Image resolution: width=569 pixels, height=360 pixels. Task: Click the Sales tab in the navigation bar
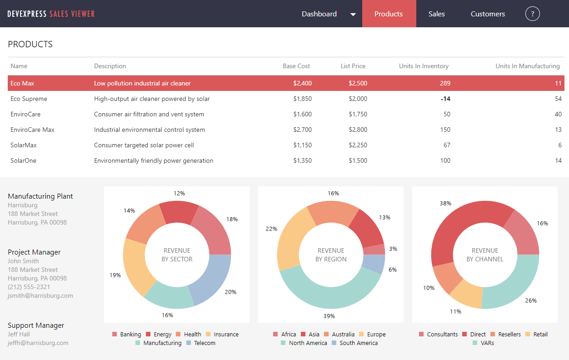436,14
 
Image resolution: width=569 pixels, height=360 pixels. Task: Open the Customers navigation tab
488,14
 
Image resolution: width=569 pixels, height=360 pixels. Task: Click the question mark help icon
532,14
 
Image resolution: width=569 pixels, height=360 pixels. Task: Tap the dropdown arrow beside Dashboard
353,15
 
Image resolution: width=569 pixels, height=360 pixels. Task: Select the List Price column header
353,66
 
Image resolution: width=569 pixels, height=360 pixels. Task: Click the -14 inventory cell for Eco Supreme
445,99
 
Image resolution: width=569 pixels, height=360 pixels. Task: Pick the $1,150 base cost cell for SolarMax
302,145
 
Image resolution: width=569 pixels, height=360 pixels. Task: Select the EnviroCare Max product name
32,130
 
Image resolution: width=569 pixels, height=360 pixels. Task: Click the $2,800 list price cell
358,130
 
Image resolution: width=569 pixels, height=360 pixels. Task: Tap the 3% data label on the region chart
393,249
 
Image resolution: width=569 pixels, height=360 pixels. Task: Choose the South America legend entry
354,343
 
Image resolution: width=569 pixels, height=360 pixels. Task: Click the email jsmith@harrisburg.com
40,295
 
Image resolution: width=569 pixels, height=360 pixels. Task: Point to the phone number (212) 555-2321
29,287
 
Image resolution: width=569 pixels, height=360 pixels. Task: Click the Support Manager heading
36,325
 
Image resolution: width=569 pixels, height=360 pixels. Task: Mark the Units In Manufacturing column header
527,66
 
